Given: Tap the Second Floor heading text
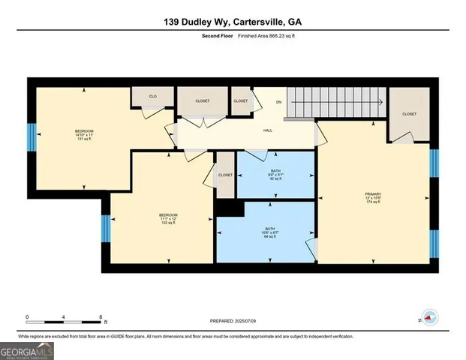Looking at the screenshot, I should tap(215, 35).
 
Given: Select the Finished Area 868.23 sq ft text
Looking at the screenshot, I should tap(262, 35).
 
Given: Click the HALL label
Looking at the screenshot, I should tap(267, 130).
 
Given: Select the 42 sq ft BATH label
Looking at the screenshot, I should tap(275, 175).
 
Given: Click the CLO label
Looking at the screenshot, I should tap(152, 97).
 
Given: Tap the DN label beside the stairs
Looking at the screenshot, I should tap(278, 102).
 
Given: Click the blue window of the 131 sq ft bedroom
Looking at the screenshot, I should tap(32, 137).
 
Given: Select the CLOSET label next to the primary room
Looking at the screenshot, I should tap(409, 114).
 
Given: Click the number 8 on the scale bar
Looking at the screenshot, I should tap(101, 316).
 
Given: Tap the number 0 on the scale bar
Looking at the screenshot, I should tap(27, 316).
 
